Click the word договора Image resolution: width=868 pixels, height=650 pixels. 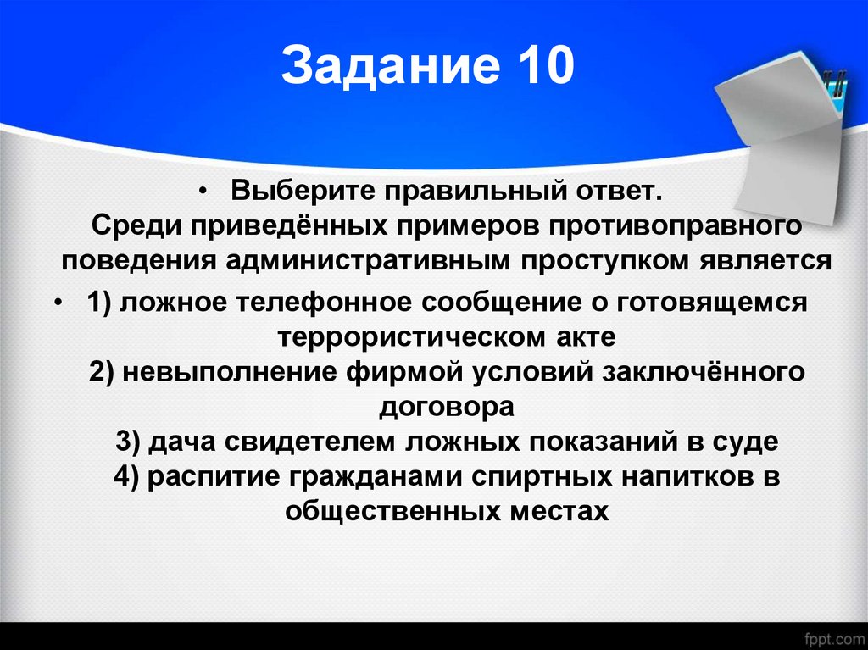(x=446, y=407)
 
